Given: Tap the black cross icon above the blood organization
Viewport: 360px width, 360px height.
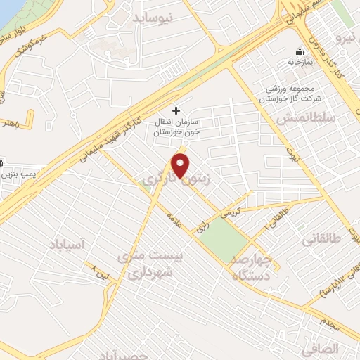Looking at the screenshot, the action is [176, 110].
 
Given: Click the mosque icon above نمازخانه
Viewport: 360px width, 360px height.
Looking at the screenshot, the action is [300, 51].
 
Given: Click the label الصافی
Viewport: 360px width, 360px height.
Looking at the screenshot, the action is [324, 348].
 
